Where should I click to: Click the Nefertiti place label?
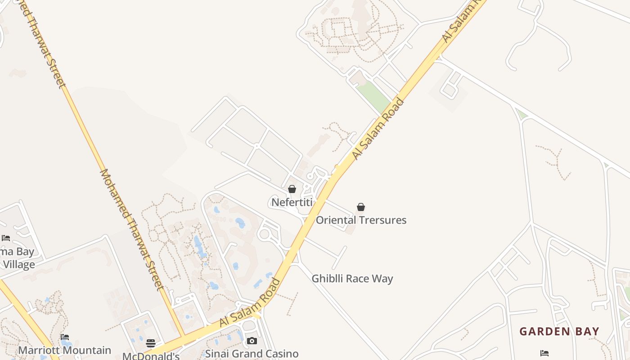292,202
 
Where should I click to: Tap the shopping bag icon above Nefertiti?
292,189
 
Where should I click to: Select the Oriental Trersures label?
361,220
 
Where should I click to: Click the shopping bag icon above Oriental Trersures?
361,207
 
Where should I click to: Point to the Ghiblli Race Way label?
352,279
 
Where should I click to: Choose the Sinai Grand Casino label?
252,353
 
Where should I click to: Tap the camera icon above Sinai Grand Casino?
252,341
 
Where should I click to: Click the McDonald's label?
151,356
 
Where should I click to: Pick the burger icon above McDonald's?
151,343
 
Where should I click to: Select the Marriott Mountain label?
64,350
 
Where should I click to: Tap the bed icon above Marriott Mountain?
65,337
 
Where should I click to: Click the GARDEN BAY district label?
559,332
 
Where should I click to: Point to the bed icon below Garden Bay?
544,353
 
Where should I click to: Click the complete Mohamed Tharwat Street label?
130,229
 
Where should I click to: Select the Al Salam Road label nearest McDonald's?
250,303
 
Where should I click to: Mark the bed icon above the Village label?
6,238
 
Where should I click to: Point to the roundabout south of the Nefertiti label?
265,234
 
